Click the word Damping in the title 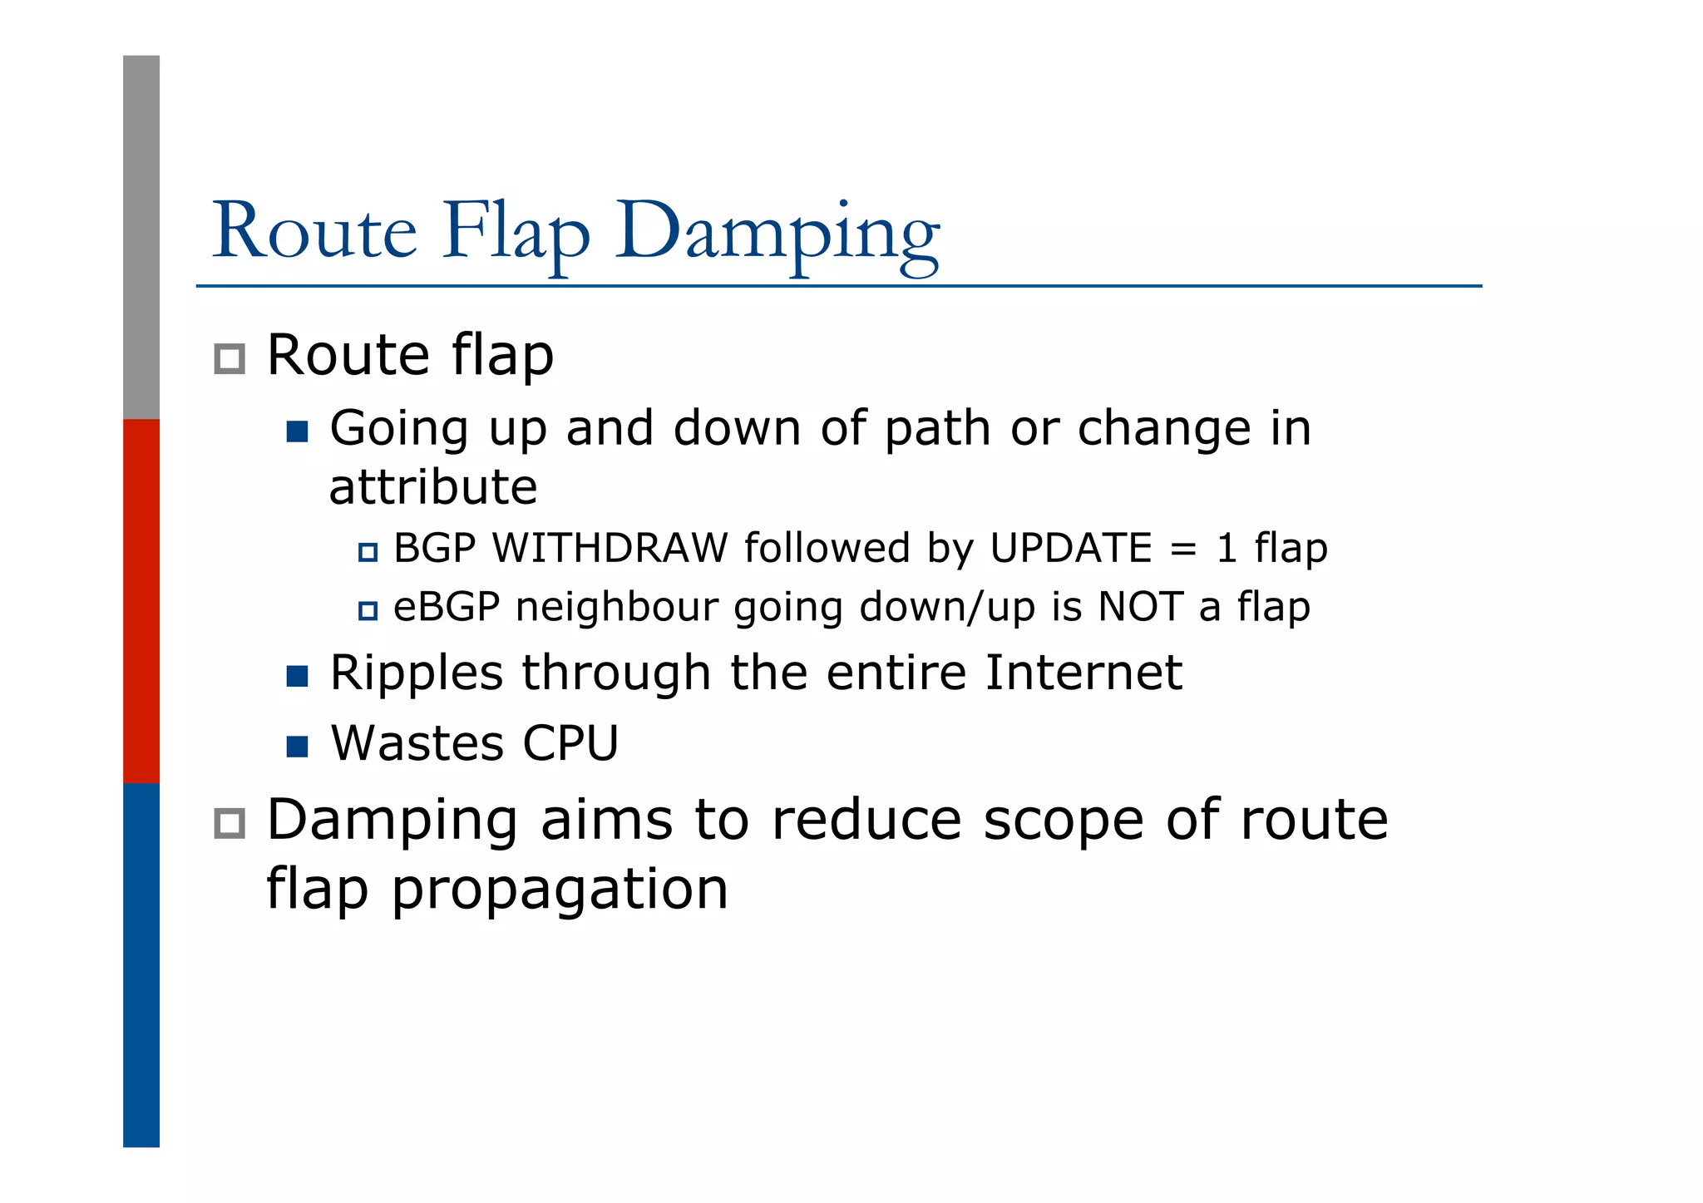777,233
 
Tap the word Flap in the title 516,233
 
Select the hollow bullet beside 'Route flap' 230,359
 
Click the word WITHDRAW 610,549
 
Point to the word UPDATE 1071,549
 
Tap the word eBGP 447,607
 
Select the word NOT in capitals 1140,607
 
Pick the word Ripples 416,673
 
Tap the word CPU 570,743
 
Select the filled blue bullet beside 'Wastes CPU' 297,747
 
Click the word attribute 433,487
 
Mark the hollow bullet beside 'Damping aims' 230,823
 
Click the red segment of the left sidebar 141,600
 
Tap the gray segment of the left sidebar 141,237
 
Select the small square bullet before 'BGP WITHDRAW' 368,552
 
